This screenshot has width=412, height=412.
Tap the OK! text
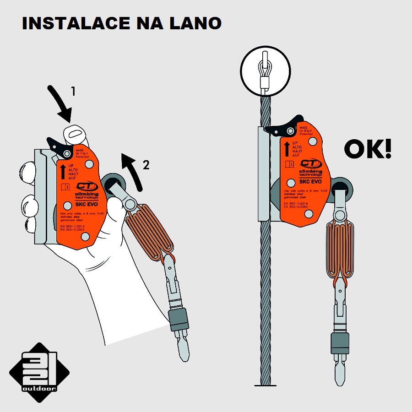pyautogui.click(x=367, y=149)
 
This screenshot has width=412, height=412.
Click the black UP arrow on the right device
pyautogui.click(x=287, y=149)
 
